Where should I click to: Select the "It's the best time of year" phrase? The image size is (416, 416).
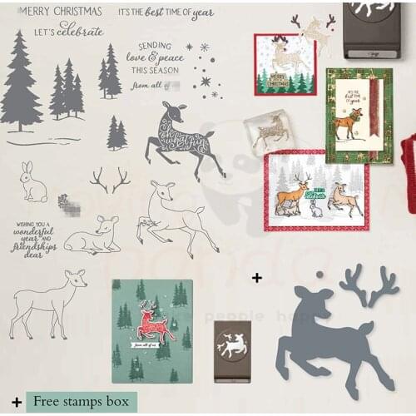[x=166, y=13]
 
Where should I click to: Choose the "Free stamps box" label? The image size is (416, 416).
[x=82, y=402]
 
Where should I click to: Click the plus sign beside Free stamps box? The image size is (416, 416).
[x=17, y=402]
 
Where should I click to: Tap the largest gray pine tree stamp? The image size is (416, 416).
[x=21, y=83]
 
